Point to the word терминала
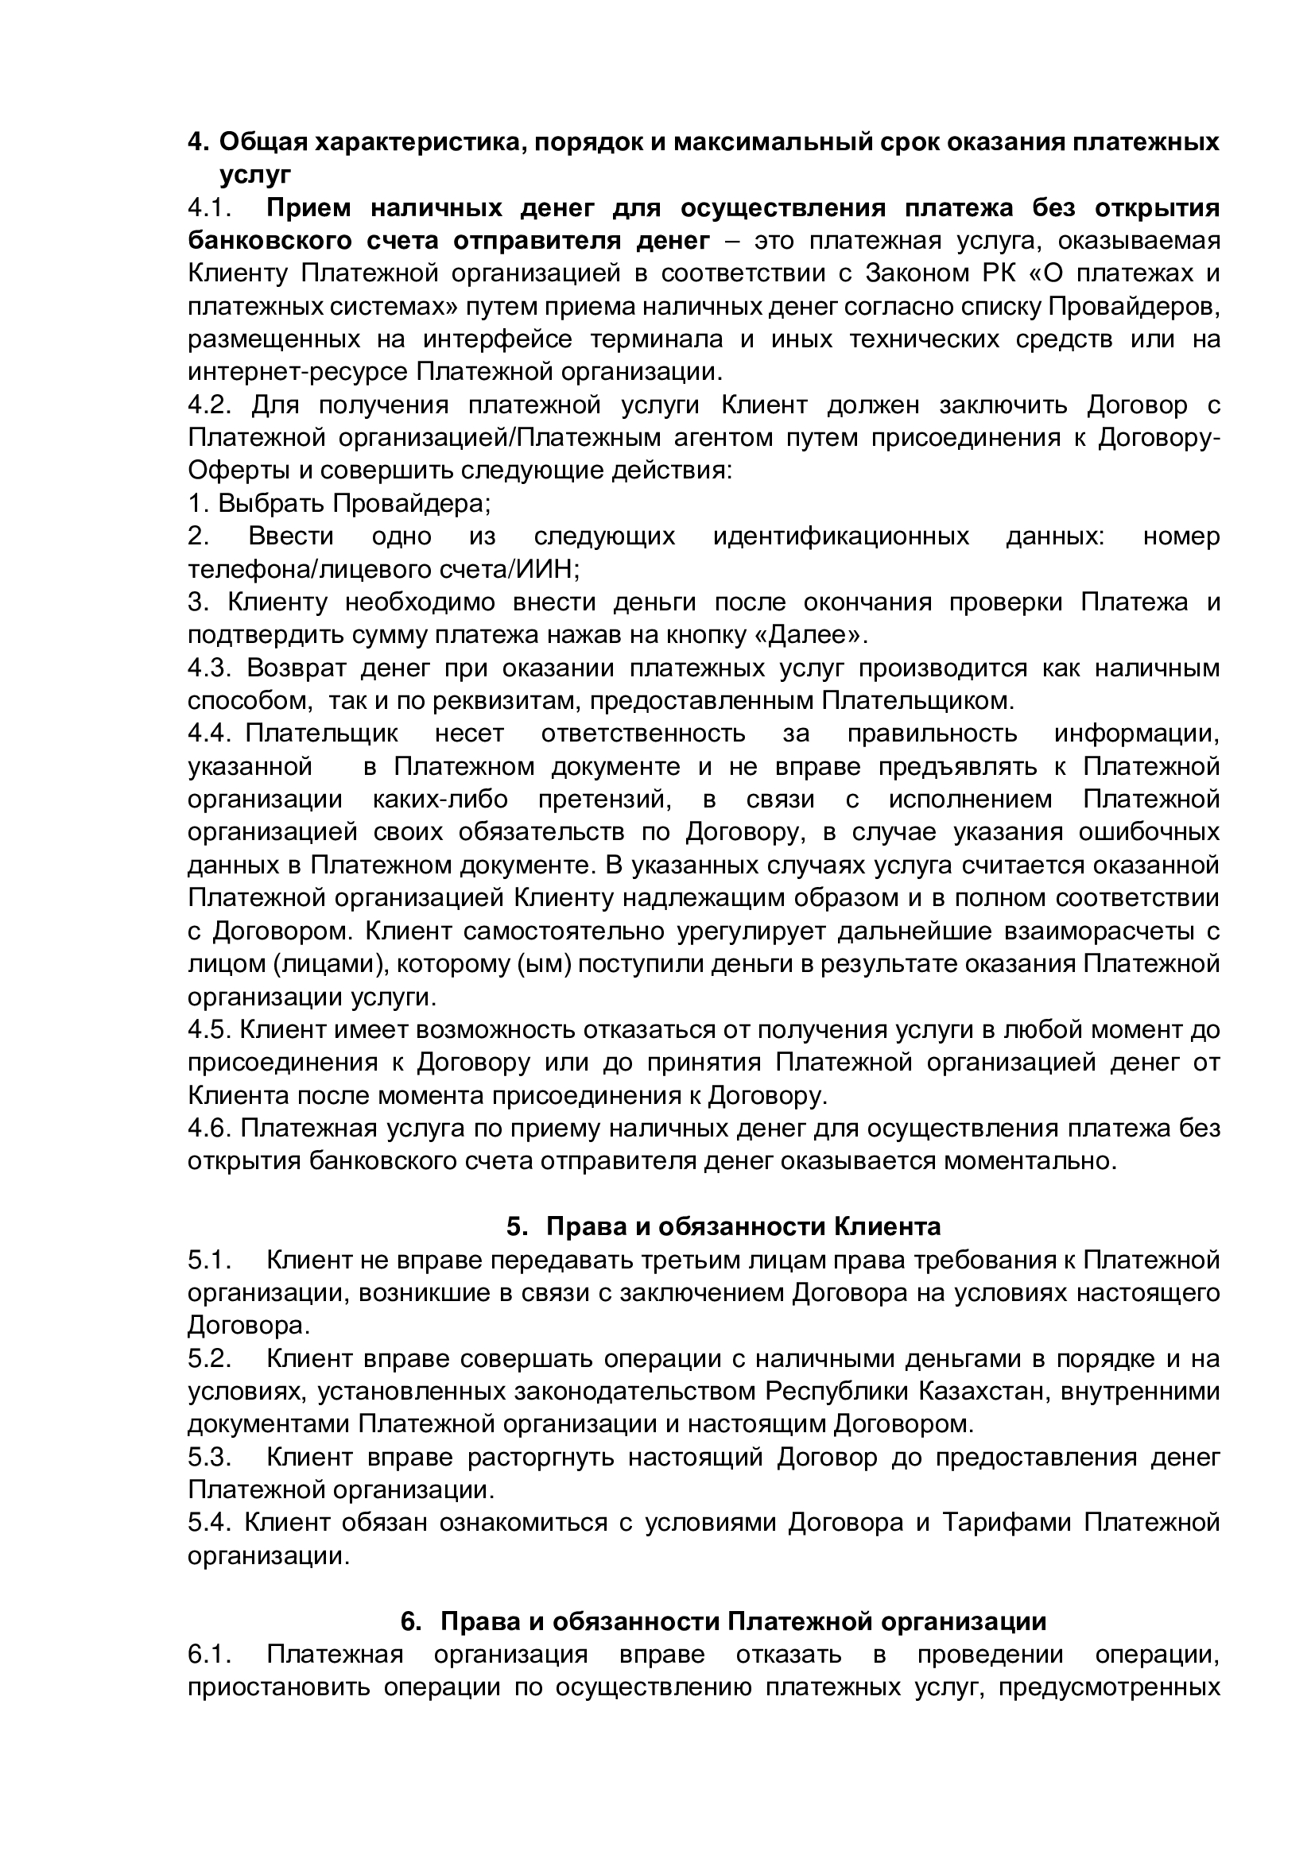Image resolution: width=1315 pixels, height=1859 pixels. [x=665, y=339]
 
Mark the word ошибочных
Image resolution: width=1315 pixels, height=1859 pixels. [x=1149, y=832]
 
